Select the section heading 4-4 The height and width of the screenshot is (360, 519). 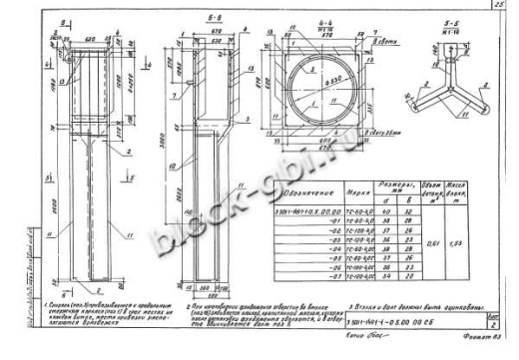pyautogui.click(x=322, y=17)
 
